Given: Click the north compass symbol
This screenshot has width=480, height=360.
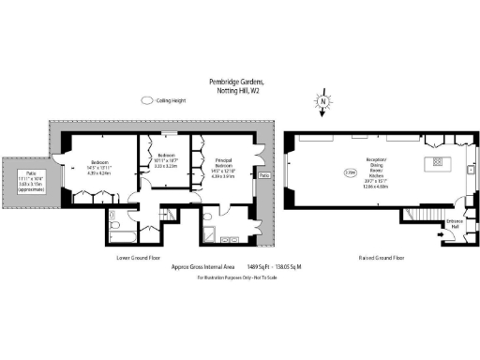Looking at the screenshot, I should coord(322,101).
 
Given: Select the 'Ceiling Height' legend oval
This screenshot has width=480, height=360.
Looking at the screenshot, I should coord(147,100).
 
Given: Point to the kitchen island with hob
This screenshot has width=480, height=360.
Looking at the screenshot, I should coord(437,165).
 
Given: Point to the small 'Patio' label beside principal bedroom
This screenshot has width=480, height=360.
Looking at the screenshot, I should coord(264,174).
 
